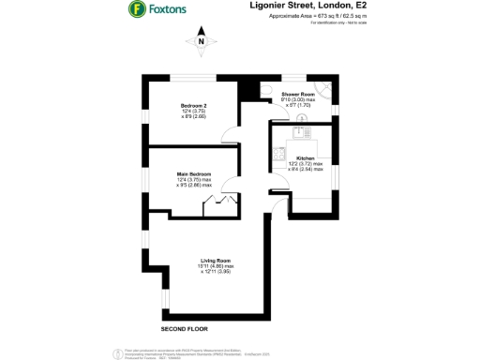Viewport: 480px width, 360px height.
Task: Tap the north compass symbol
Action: click(x=201, y=41)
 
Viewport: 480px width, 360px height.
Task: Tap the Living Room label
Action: click(x=216, y=260)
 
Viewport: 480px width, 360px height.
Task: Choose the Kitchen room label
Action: click(x=306, y=157)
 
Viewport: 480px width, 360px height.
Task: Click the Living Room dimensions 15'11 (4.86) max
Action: click(x=216, y=265)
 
